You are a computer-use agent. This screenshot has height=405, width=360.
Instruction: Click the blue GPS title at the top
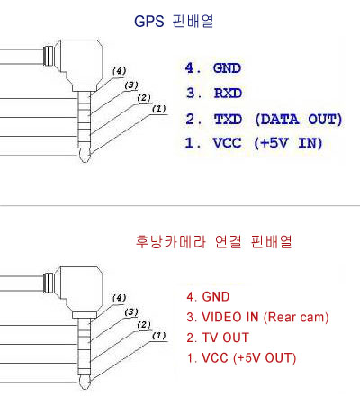[x=174, y=22]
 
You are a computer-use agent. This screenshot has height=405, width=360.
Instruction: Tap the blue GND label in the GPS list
[x=227, y=68]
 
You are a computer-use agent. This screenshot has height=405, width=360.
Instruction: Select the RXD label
[x=228, y=93]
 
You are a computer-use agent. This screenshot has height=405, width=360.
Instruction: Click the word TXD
[x=228, y=119]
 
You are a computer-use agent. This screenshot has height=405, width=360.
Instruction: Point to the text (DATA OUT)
[x=299, y=120]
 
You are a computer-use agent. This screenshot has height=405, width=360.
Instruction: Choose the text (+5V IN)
[x=288, y=143]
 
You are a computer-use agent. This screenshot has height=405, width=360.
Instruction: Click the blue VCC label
[x=227, y=143]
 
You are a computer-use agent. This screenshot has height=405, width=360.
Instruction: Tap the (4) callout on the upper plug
[x=120, y=71]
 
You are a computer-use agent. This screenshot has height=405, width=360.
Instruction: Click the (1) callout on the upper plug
[x=159, y=109]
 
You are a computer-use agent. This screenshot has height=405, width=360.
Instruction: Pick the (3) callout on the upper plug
[x=131, y=85]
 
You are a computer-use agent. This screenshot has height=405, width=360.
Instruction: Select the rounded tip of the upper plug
[x=85, y=155]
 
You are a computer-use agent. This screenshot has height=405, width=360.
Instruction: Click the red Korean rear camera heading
[x=214, y=242]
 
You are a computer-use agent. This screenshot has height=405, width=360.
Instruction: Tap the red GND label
[x=216, y=297]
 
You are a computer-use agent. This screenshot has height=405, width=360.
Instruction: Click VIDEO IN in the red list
[x=230, y=317]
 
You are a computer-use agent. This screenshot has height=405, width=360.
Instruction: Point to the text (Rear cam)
[x=296, y=318]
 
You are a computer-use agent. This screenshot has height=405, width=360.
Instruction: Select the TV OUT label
[x=226, y=337]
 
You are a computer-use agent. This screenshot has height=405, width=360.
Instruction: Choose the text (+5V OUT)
[x=265, y=358]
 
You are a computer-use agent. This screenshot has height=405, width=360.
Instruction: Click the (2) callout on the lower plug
[x=144, y=325]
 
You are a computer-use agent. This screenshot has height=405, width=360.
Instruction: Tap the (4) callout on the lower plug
[x=120, y=298]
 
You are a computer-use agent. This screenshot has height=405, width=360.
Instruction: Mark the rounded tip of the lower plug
[x=85, y=382]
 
